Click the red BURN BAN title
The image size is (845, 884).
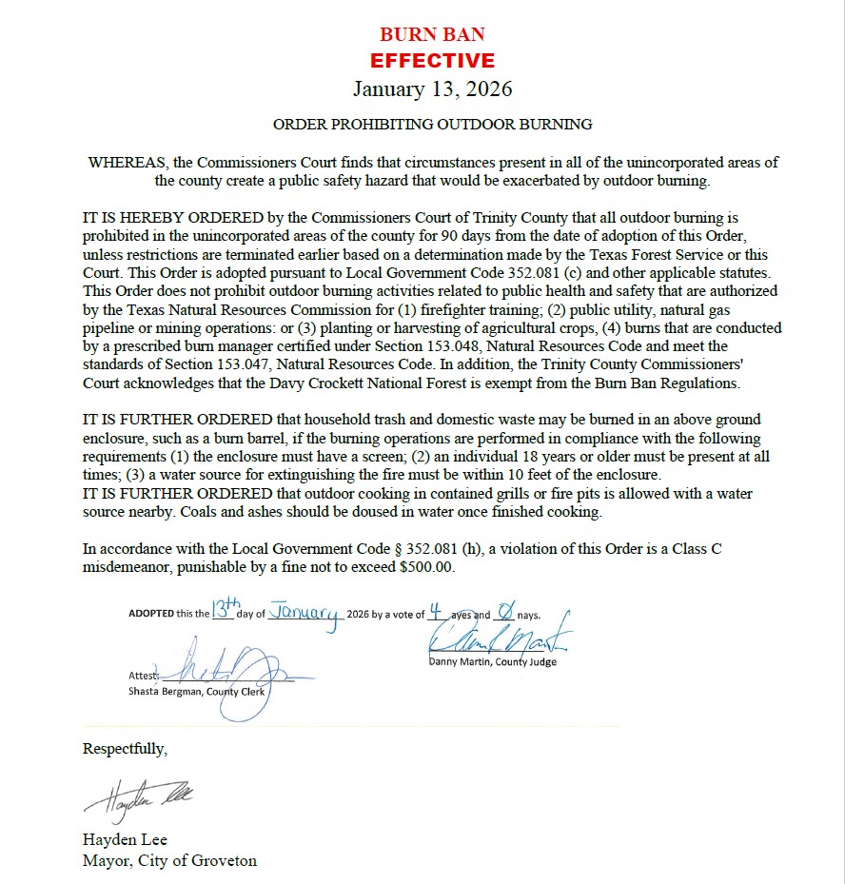pos(432,35)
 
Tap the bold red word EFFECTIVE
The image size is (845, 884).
pos(432,61)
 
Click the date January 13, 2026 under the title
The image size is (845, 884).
pos(432,89)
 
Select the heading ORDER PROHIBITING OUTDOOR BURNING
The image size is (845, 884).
pos(432,125)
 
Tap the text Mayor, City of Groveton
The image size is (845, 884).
pos(169,861)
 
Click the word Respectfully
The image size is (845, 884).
pos(125,749)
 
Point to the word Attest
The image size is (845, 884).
pos(143,676)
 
